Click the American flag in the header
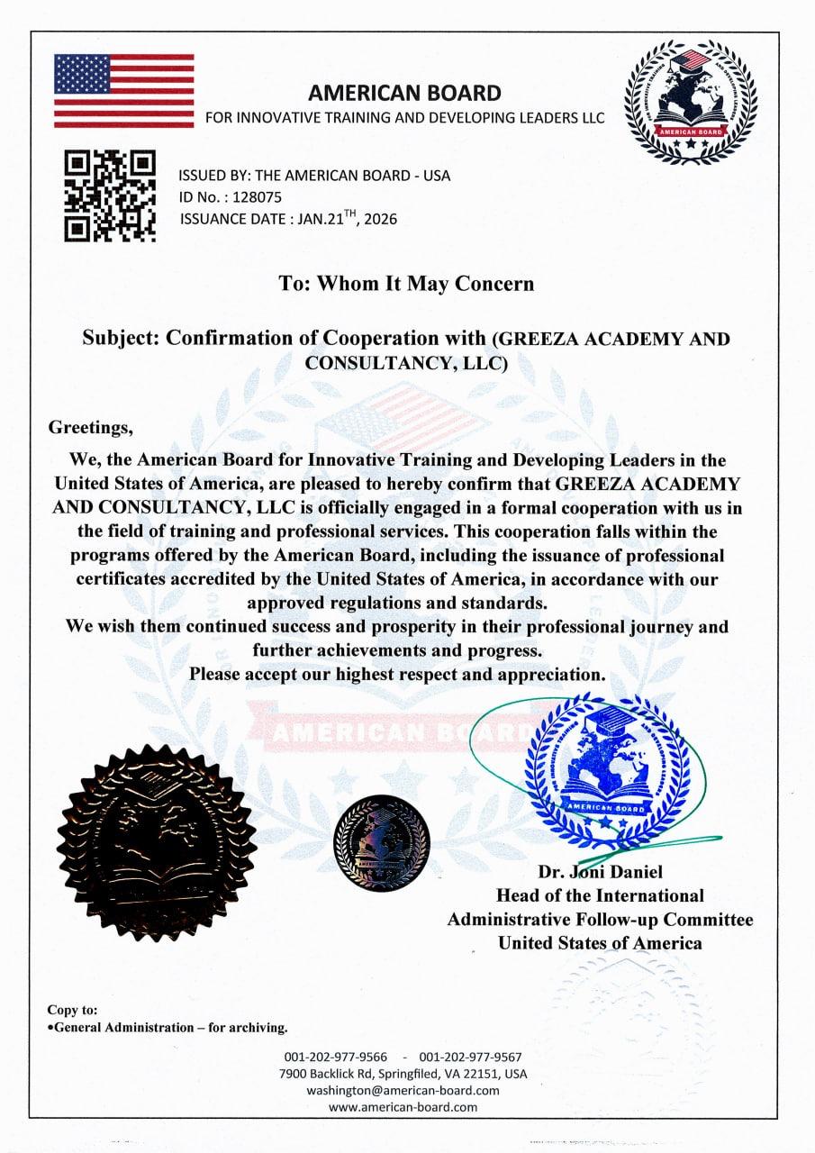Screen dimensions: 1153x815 click(123, 90)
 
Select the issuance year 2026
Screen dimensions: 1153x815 click(378, 218)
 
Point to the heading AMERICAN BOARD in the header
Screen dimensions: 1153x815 click(404, 92)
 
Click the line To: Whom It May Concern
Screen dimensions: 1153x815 click(406, 284)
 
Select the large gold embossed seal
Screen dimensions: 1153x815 click(156, 842)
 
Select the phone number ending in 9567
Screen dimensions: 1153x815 click(470, 1057)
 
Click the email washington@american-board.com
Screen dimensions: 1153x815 click(403, 1090)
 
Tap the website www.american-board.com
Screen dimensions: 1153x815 click(403, 1107)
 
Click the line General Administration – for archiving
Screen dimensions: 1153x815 click(168, 1027)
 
